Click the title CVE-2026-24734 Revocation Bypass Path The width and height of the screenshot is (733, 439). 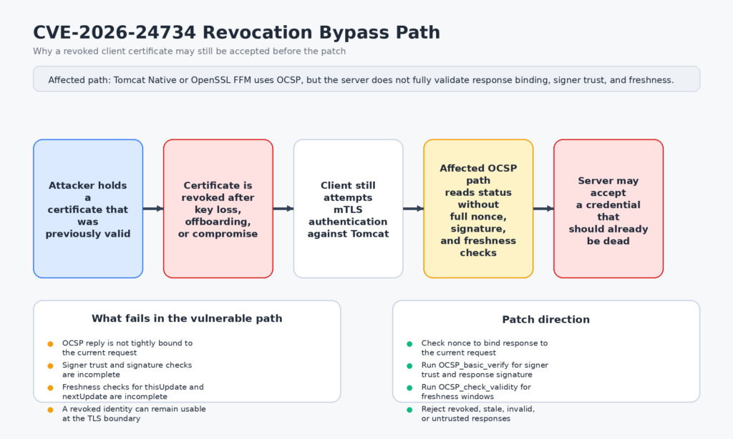click(236, 32)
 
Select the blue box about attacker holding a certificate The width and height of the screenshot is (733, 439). click(88, 208)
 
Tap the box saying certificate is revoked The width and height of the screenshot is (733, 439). click(218, 208)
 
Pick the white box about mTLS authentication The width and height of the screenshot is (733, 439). click(348, 208)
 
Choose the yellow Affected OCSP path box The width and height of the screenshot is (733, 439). click(478, 208)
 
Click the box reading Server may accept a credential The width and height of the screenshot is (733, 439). click(608, 208)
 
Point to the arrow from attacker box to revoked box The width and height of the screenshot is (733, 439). click(153, 209)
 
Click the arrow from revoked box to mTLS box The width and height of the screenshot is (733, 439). click(283, 209)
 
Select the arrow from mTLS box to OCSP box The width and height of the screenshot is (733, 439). click(413, 209)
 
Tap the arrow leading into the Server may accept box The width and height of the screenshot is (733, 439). click(543, 209)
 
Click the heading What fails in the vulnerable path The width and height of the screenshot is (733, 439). click(187, 319)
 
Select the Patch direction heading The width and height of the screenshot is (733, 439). click(545, 320)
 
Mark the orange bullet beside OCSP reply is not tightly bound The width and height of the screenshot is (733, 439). click(50, 344)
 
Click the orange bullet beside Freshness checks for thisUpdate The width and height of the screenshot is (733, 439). click(50, 388)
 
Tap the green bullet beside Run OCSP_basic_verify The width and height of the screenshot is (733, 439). click(409, 365)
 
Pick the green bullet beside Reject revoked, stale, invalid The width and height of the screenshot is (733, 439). click(409, 410)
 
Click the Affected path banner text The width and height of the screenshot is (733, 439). click(361, 79)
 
